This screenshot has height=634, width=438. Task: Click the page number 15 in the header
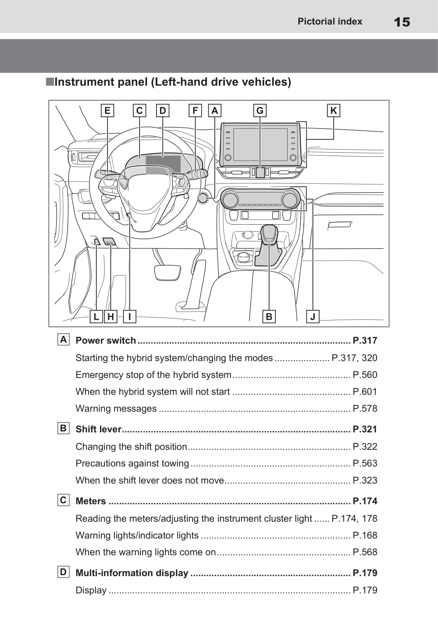[402, 22]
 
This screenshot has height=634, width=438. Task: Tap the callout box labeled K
[333, 110]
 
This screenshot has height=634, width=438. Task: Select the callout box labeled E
[107, 110]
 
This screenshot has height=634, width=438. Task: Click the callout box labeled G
[260, 110]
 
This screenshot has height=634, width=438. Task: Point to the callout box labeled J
[313, 317]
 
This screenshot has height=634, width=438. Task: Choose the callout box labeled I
[130, 317]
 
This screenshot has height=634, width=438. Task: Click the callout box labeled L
[96, 317]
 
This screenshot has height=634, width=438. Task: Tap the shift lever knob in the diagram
[269, 233]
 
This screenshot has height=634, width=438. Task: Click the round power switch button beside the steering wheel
[203, 197]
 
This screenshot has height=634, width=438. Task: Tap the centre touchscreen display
[260, 145]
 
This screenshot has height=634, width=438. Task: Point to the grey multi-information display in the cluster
[163, 164]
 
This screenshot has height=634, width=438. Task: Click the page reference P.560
[365, 375]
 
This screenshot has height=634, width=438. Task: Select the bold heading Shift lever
[98, 429]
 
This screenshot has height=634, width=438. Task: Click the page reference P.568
[365, 552]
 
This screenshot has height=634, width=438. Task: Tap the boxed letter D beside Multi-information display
[63, 572]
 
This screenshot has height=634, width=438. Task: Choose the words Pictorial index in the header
[330, 21]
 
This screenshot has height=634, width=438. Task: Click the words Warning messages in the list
[116, 409]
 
